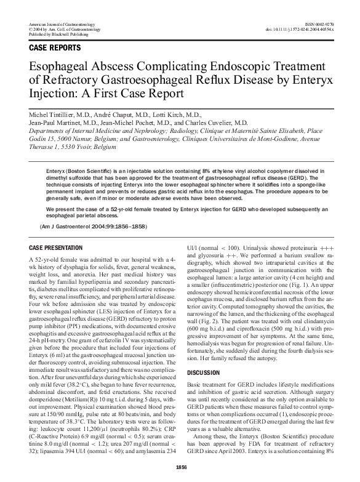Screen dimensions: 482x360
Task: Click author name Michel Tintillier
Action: [x=57, y=115]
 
